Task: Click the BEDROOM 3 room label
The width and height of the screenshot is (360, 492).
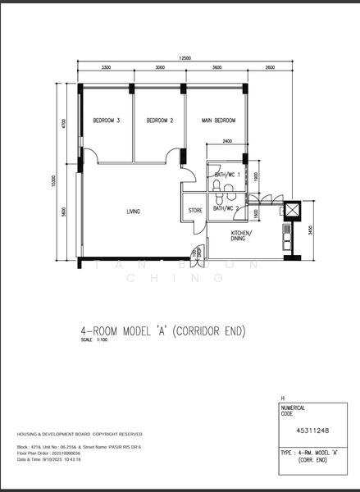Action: tap(107, 121)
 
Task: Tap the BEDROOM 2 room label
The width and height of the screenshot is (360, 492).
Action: tap(160, 121)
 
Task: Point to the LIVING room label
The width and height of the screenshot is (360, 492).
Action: tap(133, 212)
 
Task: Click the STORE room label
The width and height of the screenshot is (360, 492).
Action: tap(195, 211)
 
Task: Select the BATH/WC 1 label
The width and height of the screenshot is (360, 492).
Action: tap(226, 175)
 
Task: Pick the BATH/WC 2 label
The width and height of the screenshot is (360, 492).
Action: tap(226, 208)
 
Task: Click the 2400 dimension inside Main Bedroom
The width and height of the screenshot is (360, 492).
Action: tap(226, 141)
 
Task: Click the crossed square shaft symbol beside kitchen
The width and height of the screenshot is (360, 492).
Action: tap(291, 211)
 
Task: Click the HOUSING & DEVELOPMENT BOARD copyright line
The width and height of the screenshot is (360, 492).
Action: tap(79, 434)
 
